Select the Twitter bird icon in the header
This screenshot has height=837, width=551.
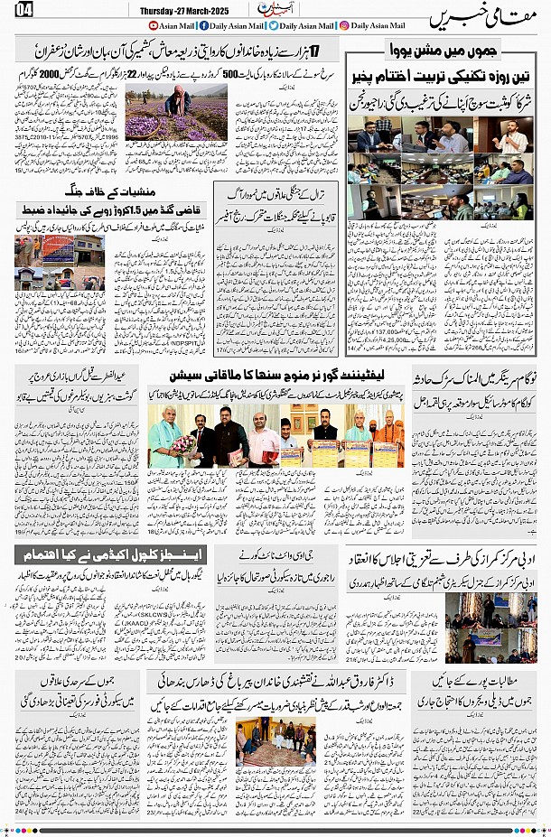click(273, 26)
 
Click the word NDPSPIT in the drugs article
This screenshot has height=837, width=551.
click(182, 343)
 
